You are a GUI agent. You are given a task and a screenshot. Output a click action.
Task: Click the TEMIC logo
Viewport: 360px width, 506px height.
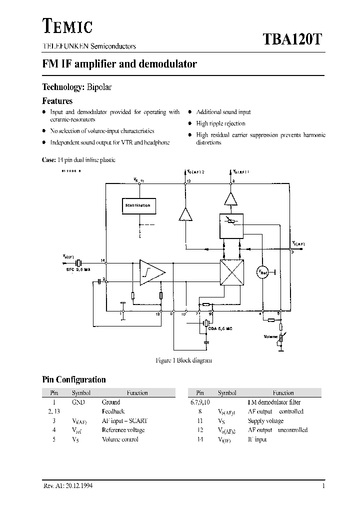coord(66,25)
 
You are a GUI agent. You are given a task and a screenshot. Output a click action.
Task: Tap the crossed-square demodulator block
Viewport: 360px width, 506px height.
coord(231,273)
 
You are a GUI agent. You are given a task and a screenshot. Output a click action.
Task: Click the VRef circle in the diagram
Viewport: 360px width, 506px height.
coord(263,272)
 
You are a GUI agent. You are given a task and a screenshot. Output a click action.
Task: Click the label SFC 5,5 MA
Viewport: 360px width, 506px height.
coord(78,270)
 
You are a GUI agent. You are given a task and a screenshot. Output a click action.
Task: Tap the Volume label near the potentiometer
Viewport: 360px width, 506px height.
coord(270,336)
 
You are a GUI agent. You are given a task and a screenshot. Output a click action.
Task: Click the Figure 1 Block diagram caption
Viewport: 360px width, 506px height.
coord(183,360)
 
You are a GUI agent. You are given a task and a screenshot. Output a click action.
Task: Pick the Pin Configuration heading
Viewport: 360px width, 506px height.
coord(73,379)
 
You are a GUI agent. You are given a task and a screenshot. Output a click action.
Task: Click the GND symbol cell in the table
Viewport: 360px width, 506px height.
coord(78,402)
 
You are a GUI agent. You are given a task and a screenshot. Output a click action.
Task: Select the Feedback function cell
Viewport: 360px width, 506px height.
coord(113,411)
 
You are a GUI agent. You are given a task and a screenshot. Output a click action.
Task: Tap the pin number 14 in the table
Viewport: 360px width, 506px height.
coord(200,439)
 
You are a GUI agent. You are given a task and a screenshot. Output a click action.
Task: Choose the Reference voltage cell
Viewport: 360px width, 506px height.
coord(123,430)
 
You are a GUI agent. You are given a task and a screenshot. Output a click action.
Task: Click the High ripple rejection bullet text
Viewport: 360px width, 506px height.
coord(220,123)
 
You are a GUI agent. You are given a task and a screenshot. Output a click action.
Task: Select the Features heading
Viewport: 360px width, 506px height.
coord(57,101)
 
